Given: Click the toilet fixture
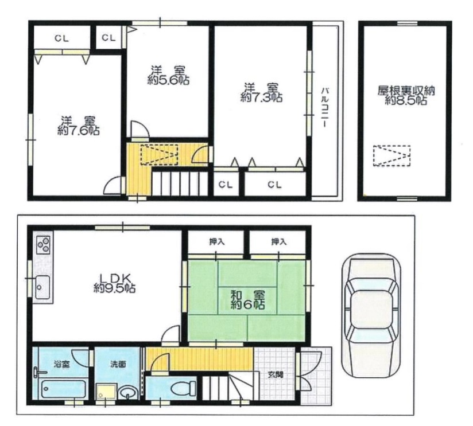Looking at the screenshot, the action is pos(183,388).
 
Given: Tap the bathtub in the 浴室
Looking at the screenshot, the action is pos(64,389).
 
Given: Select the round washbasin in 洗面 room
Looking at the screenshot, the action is pos(128,393).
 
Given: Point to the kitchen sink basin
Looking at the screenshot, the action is pos(43,287).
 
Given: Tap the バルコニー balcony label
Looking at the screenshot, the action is pos(325,107).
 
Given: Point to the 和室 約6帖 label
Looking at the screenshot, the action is pos(248,300).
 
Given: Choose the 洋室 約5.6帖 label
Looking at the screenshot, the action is pos(168,75).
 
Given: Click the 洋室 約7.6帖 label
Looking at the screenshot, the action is pos(79,126).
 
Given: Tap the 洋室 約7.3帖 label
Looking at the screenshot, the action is pos(261,92).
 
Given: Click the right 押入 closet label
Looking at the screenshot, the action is pos(279,241).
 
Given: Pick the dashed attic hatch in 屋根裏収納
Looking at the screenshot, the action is pos(392,156).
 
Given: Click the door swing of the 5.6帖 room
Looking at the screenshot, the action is pos(140,130).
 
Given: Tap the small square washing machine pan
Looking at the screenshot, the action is pos(106,392).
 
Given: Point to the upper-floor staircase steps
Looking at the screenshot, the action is pos(180,183).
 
